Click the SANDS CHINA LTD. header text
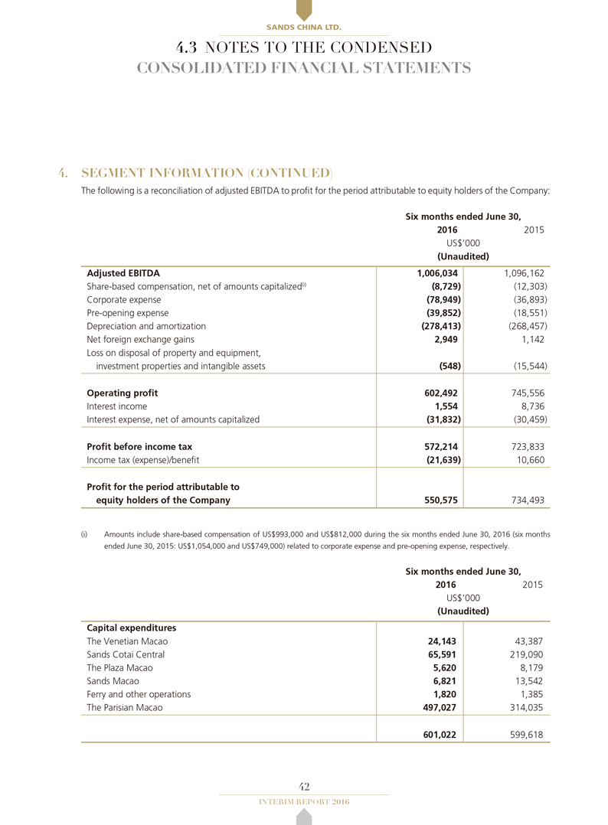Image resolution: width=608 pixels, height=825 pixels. point(303,28)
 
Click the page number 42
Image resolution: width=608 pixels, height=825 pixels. point(303,787)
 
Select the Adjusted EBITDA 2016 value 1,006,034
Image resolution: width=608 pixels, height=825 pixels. point(433,272)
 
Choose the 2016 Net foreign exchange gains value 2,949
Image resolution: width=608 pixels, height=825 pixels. point(444,339)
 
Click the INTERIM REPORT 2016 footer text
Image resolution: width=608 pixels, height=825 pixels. point(303,801)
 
